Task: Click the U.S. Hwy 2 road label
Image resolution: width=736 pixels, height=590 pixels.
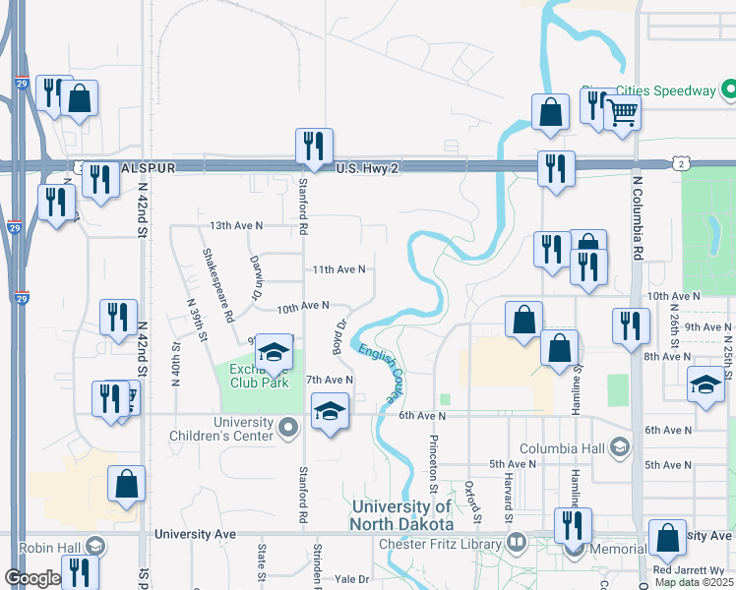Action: (x=368, y=169)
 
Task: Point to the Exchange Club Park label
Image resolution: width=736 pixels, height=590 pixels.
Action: (x=258, y=376)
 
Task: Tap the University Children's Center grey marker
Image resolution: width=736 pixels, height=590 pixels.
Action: (x=288, y=427)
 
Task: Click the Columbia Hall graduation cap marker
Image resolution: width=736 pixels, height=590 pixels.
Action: (x=620, y=448)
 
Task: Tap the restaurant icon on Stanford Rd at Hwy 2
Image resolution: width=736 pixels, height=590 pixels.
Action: (x=314, y=146)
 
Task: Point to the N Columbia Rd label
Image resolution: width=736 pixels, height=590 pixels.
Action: (x=638, y=218)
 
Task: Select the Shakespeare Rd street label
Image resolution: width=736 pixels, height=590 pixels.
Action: (x=216, y=286)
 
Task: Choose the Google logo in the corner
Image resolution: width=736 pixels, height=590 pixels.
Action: (x=32, y=578)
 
